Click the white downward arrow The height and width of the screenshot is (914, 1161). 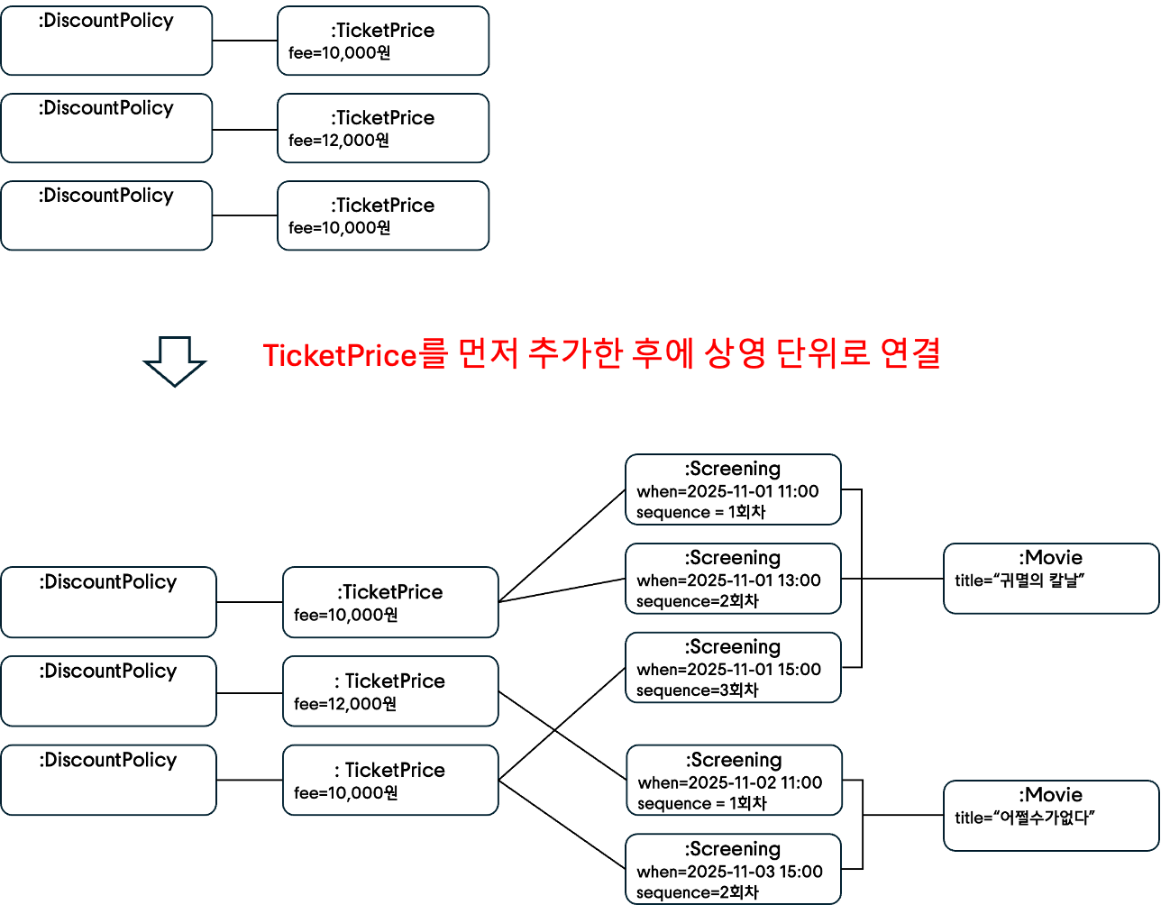point(174,361)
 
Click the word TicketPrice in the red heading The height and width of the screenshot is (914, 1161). point(340,355)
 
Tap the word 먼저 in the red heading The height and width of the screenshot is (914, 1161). point(488,353)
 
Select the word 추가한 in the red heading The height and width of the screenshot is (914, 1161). point(574,353)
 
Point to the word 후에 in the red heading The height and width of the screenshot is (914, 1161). point(663,353)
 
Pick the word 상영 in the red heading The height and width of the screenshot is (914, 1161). point(735,353)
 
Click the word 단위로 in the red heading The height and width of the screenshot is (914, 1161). point(823,353)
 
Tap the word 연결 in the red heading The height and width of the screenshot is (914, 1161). point(910,353)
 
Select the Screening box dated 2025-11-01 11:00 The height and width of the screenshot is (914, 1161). point(733,489)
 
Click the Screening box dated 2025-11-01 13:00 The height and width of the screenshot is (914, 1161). point(733,579)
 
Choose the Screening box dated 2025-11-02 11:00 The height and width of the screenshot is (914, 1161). point(734,781)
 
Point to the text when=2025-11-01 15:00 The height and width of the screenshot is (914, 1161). point(728,670)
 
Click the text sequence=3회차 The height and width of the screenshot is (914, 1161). point(697,690)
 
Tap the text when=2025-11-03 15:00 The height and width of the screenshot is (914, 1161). point(729,872)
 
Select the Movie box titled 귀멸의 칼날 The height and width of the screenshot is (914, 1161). point(1050,579)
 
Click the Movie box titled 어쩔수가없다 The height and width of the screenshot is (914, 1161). point(1050,816)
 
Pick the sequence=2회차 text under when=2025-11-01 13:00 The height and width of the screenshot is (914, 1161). point(697,601)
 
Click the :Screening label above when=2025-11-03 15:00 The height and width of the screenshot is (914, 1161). point(732,849)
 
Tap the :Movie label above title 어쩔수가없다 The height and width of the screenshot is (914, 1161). point(1050,795)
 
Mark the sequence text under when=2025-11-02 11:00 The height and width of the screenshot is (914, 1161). point(701,803)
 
